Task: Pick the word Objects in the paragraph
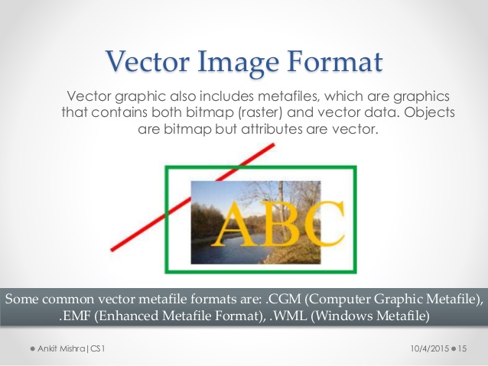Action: [x=429, y=113]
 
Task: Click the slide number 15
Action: [x=465, y=348]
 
